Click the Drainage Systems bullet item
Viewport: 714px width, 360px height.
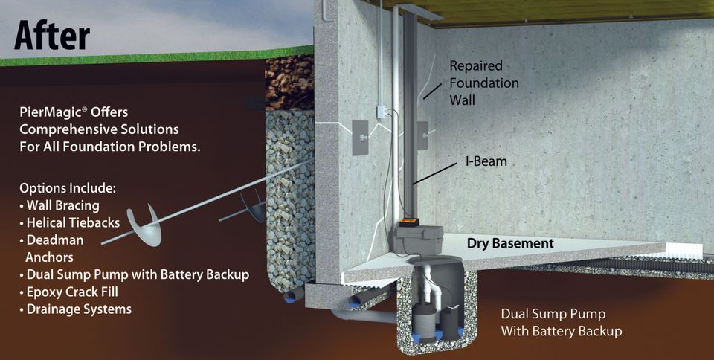click(x=78, y=309)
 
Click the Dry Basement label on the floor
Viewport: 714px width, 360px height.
click(x=509, y=243)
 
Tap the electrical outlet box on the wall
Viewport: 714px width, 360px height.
click(x=380, y=112)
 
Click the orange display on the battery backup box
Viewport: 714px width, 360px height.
click(x=411, y=222)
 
